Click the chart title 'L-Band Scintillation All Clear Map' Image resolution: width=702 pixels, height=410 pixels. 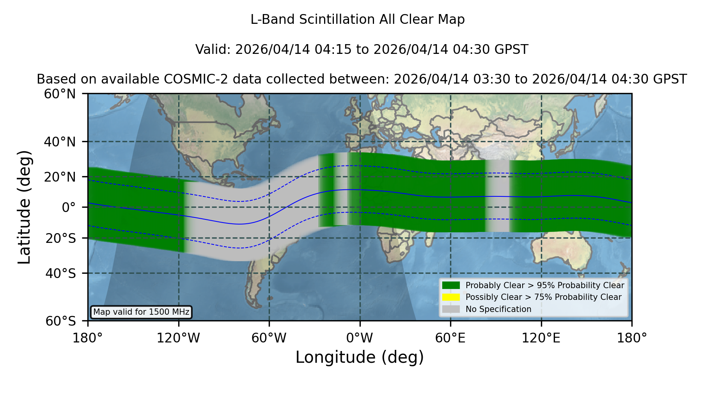click(357, 20)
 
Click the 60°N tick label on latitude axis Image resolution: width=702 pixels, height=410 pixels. click(60, 94)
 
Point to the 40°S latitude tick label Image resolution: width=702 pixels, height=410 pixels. click(60, 273)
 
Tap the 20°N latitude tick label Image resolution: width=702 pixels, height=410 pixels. click(60, 177)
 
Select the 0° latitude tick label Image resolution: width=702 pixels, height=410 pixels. click(69, 207)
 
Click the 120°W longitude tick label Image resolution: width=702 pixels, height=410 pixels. click(178, 338)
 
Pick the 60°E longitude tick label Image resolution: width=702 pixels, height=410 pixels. click(450, 338)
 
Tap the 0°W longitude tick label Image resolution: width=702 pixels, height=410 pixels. click(360, 338)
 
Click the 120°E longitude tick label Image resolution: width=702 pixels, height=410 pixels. click(541, 338)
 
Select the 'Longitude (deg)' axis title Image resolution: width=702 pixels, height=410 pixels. click(360, 357)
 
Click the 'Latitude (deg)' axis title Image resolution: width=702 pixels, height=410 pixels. click(24, 207)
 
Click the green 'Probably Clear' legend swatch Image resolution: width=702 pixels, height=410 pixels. click(451, 285)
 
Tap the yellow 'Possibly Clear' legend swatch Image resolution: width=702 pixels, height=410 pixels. click(451, 297)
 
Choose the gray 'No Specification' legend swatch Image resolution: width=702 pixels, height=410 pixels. click(451, 309)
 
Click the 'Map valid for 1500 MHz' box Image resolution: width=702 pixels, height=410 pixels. click(141, 312)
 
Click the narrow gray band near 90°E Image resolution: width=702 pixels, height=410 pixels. click(498, 196)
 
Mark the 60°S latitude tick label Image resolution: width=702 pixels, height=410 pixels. click(60, 321)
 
